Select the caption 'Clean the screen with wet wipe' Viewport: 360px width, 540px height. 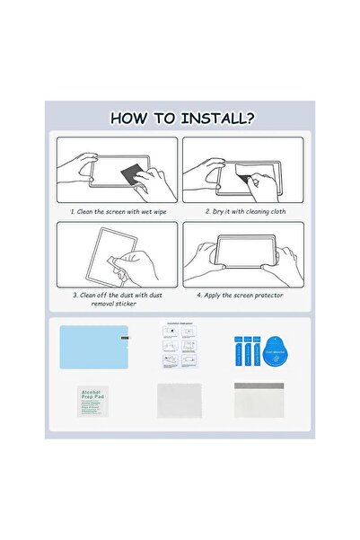coord(115,212)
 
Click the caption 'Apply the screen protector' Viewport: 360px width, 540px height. coord(241,294)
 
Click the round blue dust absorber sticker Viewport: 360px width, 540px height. coord(279,345)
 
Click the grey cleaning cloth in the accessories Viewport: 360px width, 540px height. coord(179,401)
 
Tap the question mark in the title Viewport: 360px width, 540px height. coord(247,118)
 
